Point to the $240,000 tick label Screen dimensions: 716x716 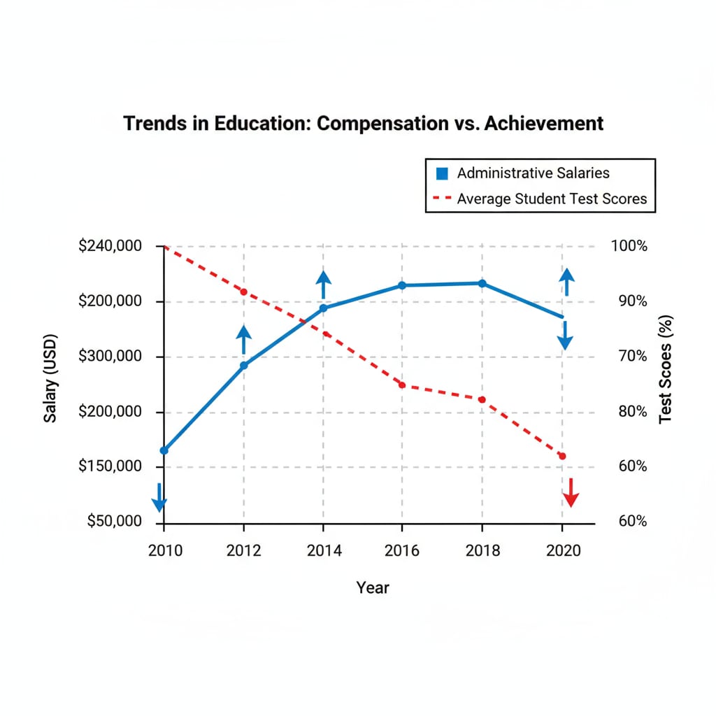click(x=110, y=246)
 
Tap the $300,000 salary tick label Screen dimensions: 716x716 click(x=110, y=357)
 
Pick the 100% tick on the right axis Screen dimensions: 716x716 click(x=629, y=246)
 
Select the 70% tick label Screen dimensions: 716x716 click(x=629, y=357)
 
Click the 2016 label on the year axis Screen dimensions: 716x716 click(x=402, y=550)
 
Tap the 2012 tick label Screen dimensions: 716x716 click(x=243, y=550)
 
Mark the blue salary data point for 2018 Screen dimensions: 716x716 click(x=482, y=283)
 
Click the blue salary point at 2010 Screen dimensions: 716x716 click(x=164, y=450)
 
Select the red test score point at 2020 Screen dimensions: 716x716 click(x=561, y=456)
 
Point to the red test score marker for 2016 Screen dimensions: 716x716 click(x=402, y=385)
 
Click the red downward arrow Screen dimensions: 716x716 click(x=571, y=493)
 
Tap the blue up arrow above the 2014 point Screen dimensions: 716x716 click(x=323, y=285)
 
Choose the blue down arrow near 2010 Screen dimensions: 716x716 click(x=159, y=497)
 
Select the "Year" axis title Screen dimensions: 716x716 click(x=373, y=587)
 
